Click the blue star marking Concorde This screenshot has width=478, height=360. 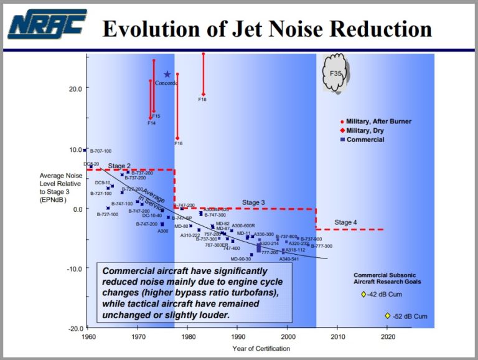(x=167, y=74)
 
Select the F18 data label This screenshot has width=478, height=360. (x=202, y=99)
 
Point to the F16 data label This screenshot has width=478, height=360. (x=178, y=143)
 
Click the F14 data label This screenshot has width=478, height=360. (x=151, y=123)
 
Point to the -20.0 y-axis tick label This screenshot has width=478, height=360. (x=73, y=328)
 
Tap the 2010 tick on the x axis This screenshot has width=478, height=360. (x=337, y=336)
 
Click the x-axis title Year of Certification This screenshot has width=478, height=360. (x=261, y=348)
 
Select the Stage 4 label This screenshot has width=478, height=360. (x=345, y=222)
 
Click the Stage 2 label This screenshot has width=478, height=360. (x=119, y=166)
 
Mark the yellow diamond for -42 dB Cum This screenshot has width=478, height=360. (x=363, y=294)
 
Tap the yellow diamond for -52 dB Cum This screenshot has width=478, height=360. (x=387, y=316)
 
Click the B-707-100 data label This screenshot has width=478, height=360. (x=101, y=151)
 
